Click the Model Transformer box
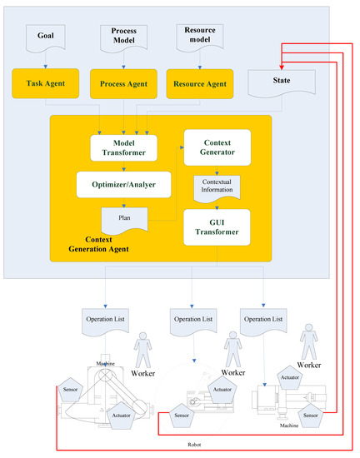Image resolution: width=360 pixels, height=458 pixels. [x=124, y=148]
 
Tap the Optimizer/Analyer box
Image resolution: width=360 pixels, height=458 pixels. [x=124, y=183]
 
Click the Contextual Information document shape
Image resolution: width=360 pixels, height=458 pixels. [x=217, y=186]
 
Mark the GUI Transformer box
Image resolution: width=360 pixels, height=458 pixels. [x=217, y=227]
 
